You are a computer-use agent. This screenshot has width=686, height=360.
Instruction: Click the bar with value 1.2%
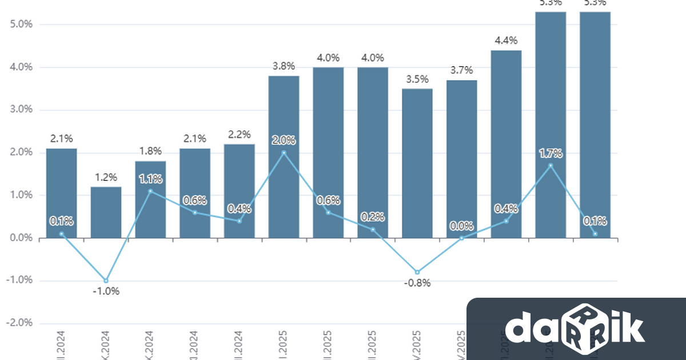point(106,212)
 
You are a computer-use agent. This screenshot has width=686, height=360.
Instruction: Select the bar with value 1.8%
point(150,199)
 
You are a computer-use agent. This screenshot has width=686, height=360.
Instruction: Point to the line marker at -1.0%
point(106,281)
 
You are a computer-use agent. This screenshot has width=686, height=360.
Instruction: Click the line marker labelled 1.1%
point(150,191)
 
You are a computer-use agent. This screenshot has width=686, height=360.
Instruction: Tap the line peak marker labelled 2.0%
point(284,153)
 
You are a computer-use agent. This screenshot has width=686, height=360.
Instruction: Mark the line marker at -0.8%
point(417,272)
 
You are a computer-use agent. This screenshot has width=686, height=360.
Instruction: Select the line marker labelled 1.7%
point(551,166)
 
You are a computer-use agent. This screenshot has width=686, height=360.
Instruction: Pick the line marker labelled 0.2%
point(373,230)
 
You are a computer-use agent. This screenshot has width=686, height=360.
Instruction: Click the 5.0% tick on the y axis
point(21,25)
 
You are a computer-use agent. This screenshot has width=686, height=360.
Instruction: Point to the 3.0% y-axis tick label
point(21,110)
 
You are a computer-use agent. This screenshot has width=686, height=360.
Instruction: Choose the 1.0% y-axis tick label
point(21,195)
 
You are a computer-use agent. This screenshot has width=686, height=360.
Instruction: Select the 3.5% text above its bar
point(417,79)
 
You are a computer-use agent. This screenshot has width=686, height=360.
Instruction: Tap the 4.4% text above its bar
point(506,41)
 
